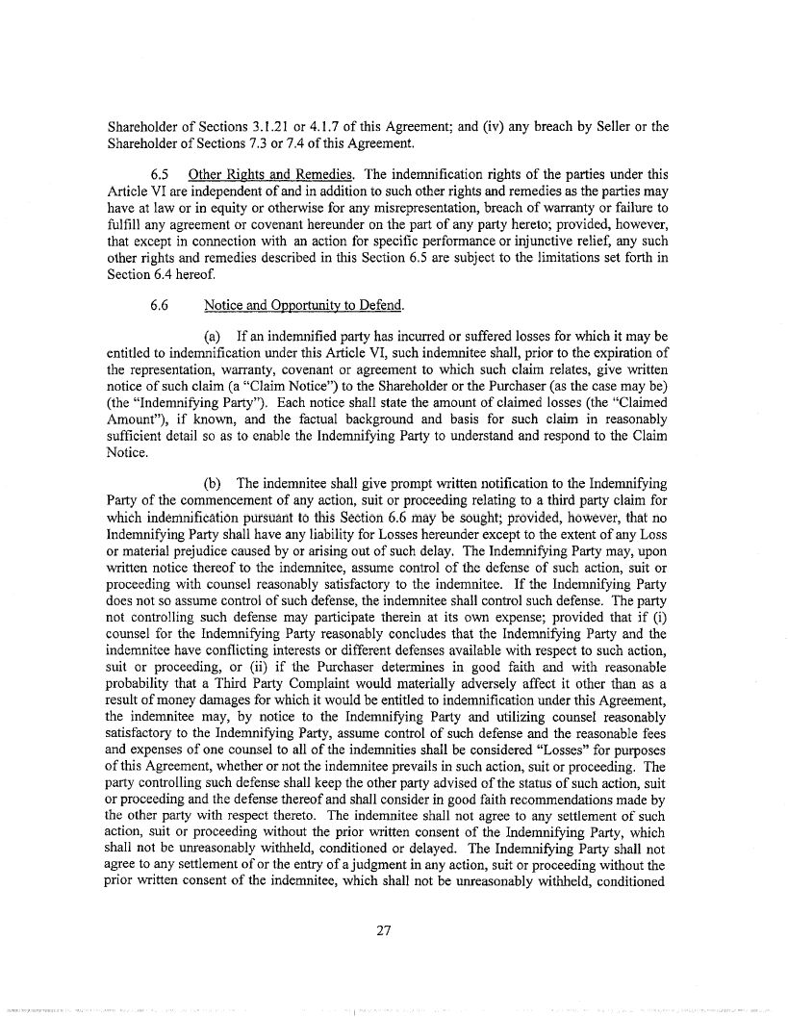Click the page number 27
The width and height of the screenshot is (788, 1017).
(394, 929)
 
